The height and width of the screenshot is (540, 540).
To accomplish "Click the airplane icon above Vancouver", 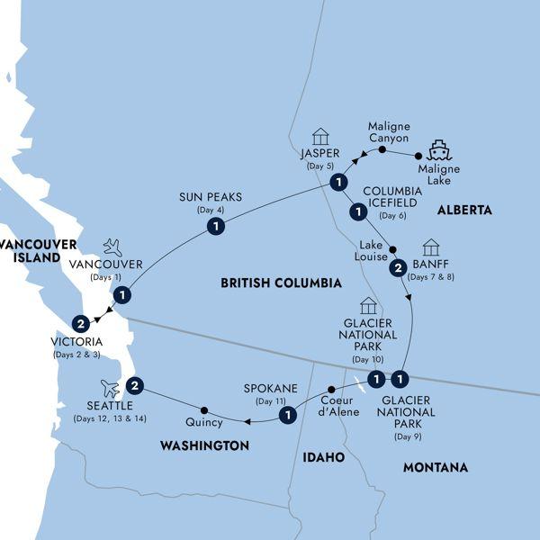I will [112, 247].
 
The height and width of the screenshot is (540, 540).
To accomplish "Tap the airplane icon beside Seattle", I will [110, 388].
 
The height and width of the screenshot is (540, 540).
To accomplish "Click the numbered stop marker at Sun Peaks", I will [216, 229].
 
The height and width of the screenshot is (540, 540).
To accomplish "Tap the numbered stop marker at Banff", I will [396, 268].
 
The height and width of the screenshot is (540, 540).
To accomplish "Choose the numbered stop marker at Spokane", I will [288, 415].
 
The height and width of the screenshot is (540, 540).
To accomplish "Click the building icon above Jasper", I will [319, 137].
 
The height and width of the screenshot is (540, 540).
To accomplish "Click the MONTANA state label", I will [436, 468].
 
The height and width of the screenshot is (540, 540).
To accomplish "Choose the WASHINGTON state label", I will [204, 445].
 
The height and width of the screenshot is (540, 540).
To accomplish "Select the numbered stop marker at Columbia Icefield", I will [356, 212].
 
